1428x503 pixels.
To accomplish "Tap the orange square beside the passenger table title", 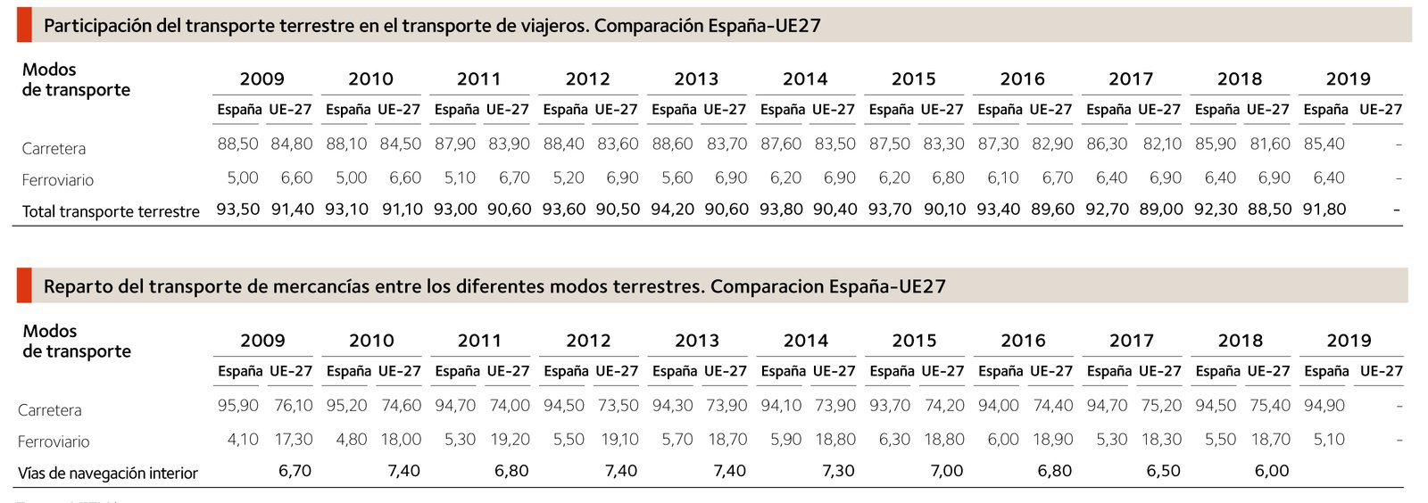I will click(24, 25).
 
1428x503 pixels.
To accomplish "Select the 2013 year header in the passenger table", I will click(696, 79).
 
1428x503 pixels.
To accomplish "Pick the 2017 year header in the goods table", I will click(1132, 341).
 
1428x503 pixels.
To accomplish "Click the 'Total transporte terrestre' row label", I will click(111, 211).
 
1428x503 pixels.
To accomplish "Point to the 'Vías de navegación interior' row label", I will click(108, 473).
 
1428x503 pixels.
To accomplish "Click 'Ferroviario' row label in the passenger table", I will click(58, 180).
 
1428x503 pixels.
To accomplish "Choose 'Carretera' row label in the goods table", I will click(50, 410).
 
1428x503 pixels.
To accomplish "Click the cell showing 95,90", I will click(238, 406).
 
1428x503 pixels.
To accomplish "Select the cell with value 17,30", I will click(294, 440).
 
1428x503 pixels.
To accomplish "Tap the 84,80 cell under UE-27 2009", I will click(292, 144).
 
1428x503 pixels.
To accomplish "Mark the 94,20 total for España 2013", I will click(673, 210).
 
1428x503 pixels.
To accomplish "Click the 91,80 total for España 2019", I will click(1324, 210).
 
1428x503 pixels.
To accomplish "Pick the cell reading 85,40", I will click(1324, 144).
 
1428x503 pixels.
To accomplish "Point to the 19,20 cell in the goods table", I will click(510, 440).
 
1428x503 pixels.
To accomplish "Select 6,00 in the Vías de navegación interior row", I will click(1272, 471).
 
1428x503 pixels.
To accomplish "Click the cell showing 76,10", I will click(294, 406).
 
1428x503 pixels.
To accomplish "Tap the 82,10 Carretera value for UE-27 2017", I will click(1162, 144).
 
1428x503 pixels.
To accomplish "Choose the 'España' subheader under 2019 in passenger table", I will click(1325, 110).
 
